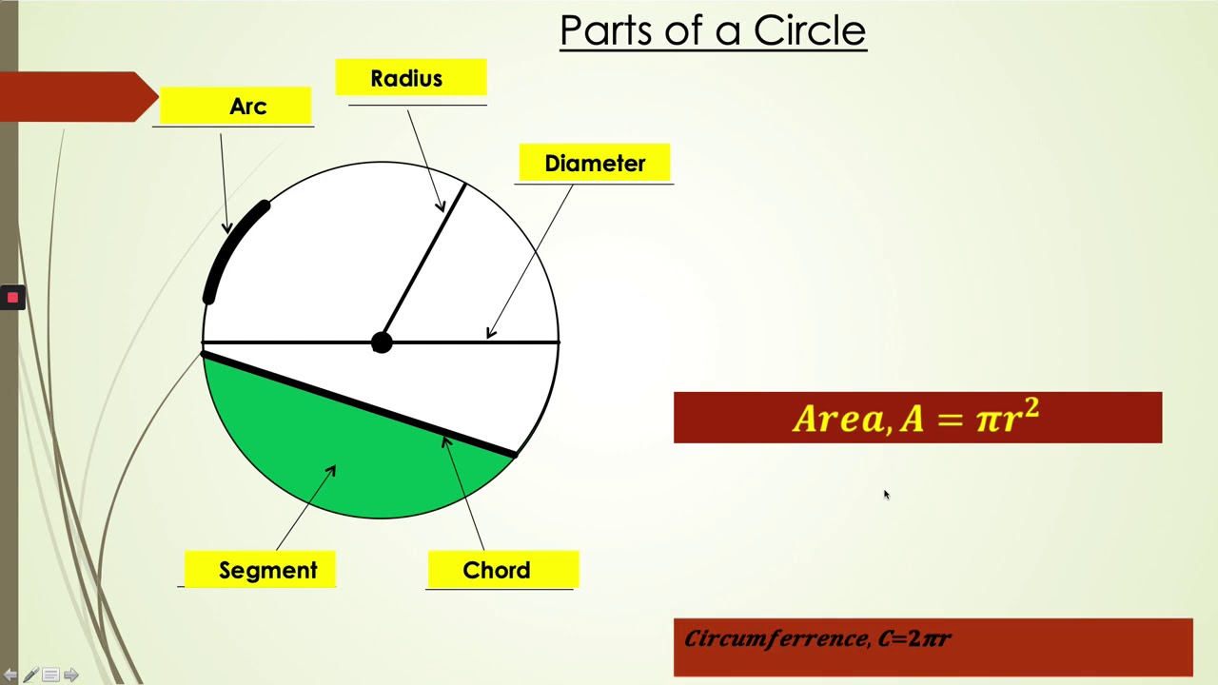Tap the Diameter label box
click(595, 163)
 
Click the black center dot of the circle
click(381, 342)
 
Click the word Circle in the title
click(809, 30)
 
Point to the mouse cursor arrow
click(885, 494)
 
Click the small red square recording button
click(12, 298)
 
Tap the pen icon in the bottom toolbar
click(30, 675)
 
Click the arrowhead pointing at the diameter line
click(490, 333)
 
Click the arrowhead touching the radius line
click(441, 206)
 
